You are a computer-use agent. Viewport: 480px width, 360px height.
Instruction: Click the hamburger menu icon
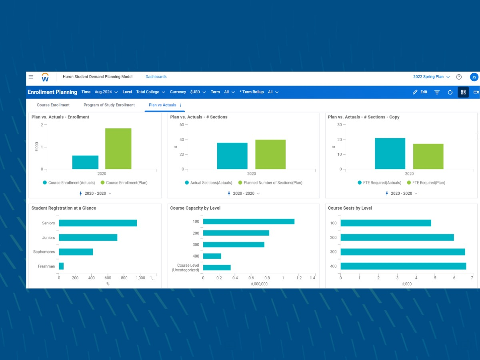tap(31, 77)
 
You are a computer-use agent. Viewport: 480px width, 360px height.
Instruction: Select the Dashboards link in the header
tap(156, 77)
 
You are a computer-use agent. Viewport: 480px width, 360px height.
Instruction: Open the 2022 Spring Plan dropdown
tap(431, 77)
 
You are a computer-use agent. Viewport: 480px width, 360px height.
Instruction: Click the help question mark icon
tap(459, 77)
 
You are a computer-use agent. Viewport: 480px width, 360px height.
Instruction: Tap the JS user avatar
tap(474, 77)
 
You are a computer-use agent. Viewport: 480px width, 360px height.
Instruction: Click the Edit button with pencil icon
tap(420, 92)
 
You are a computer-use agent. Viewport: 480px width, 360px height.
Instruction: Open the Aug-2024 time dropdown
tap(106, 92)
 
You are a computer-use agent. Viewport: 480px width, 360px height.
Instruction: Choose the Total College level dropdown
tap(150, 92)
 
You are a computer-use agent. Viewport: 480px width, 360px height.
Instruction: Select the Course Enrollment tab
tap(53, 105)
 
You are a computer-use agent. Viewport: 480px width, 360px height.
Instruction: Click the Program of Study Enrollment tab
tap(109, 105)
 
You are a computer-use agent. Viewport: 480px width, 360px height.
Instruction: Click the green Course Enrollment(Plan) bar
tap(118, 149)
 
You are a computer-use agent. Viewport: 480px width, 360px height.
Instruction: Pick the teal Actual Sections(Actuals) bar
tap(232, 156)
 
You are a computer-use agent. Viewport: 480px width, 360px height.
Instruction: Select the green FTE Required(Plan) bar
tap(428, 156)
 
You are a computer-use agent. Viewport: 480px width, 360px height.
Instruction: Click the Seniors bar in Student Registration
tap(98, 223)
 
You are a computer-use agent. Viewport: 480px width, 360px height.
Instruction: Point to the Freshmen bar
tap(61, 266)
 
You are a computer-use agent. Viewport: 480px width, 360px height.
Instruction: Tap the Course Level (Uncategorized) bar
tap(217, 268)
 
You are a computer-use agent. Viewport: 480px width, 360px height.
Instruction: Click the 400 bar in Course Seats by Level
tap(403, 266)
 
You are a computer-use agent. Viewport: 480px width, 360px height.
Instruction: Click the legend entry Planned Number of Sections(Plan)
tap(270, 183)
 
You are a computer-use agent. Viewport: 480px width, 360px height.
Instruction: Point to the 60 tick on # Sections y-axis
tap(181, 125)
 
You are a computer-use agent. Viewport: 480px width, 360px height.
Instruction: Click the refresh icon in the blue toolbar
tap(450, 92)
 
